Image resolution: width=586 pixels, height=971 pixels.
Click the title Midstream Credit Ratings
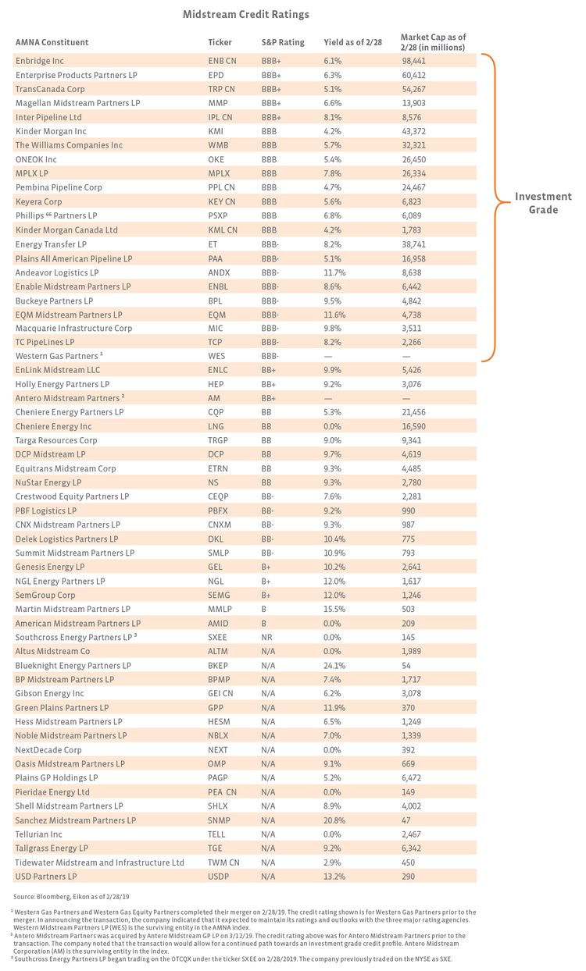[x=245, y=14]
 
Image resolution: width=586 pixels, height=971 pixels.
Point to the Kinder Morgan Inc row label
[x=51, y=131]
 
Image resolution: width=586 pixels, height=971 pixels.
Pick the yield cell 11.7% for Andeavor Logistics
[x=334, y=272]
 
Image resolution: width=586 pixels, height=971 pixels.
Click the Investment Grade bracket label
[x=542, y=203]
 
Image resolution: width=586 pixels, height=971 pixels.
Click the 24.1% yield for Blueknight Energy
[x=334, y=666]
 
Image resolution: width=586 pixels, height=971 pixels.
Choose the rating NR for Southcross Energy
[x=267, y=638]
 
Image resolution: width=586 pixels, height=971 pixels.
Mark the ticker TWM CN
[x=223, y=863]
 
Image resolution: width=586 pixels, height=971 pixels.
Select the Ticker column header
[x=220, y=42]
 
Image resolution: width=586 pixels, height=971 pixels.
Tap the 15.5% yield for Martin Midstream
[x=334, y=610]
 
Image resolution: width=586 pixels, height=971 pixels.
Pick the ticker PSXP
[x=219, y=215]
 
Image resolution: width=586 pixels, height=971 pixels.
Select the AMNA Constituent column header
[x=52, y=42]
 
